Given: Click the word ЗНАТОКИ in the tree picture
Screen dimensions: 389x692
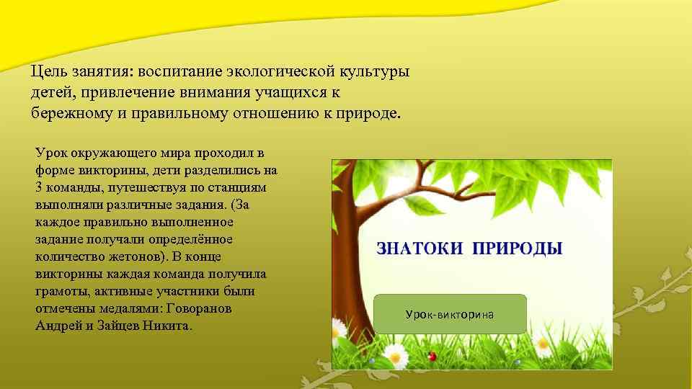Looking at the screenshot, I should pyautogui.click(x=420, y=249).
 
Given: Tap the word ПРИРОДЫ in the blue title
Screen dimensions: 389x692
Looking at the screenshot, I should pyautogui.click(x=518, y=249).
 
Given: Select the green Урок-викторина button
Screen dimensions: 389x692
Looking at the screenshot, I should pyautogui.click(x=451, y=314).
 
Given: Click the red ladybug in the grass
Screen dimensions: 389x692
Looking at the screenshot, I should pyautogui.click(x=432, y=356).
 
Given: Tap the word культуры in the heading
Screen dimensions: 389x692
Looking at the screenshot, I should pyautogui.click(x=376, y=72).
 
